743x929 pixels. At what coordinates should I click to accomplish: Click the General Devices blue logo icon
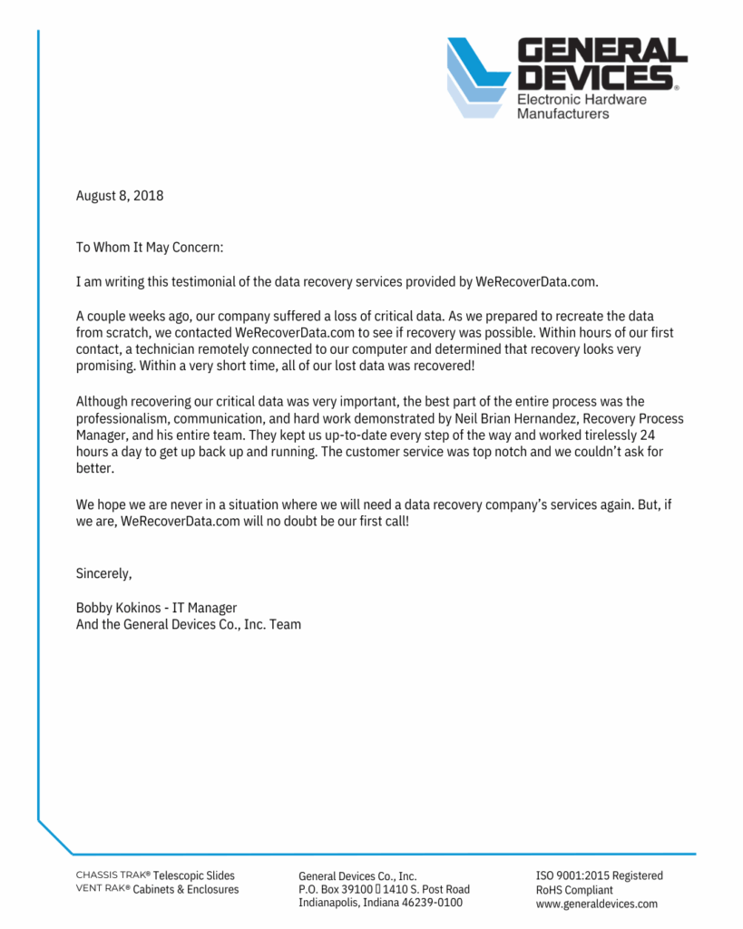pyautogui.click(x=479, y=77)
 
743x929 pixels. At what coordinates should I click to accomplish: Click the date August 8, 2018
pyautogui.click(x=120, y=195)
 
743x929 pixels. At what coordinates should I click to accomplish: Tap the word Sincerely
pyautogui.click(x=104, y=573)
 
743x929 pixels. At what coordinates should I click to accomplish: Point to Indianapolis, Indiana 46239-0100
pyautogui.click(x=380, y=903)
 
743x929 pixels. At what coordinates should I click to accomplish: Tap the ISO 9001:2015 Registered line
pyautogui.click(x=599, y=875)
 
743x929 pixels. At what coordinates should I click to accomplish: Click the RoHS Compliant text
pyautogui.click(x=574, y=890)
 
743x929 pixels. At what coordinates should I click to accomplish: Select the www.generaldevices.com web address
pyautogui.click(x=596, y=904)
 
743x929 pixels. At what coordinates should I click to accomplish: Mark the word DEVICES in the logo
pyautogui.click(x=594, y=76)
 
